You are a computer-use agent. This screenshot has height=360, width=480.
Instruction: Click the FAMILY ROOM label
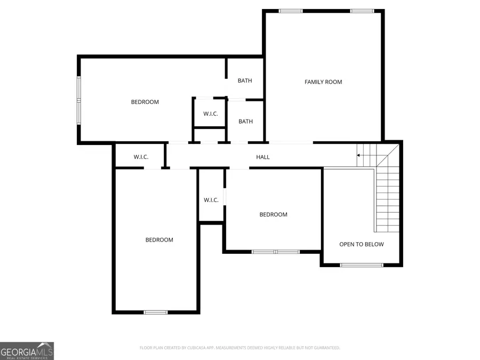pyautogui.click(x=323, y=82)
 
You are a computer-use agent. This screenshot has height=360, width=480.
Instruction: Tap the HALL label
pyautogui.click(x=263, y=157)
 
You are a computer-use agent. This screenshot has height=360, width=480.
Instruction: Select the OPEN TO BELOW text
pyautogui.click(x=361, y=244)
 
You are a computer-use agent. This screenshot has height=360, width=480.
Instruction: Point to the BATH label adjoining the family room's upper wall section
pyautogui.click(x=245, y=81)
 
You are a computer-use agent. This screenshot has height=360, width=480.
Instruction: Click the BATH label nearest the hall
pyautogui.click(x=245, y=122)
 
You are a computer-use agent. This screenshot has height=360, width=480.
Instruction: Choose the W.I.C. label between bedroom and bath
pyautogui.click(x=210, y=114)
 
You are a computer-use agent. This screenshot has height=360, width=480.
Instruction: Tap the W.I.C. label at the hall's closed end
pyautogui.click(x=141, y=157)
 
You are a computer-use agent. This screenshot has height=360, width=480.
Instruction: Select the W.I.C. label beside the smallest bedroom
pyautogui.click(x=211, y=200)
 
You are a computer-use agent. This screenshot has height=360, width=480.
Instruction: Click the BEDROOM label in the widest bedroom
pyautogui.click(x=145, y=102)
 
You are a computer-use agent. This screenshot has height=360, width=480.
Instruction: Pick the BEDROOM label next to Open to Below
pyautogui.click(x=273, y=214)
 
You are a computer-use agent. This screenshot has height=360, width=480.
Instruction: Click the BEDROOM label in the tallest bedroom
pyautogui.click(x=159, y=240)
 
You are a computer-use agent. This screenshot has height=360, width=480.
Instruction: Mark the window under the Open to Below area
pyautogui.click(x=362, y=265)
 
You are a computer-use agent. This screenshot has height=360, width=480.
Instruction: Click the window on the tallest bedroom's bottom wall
pyautogui.click(x=155, y=312)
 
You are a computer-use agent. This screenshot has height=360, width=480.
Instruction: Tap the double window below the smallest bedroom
pyautogui.click(x=276, y=252)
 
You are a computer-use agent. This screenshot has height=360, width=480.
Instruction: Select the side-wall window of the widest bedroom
pyautogui.click(x=79, y=100)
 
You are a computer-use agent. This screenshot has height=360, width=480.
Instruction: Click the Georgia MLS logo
pyautogui.click(x=27, y=351)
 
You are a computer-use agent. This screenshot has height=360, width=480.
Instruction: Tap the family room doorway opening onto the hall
pyautogui.click(x=290, y=142)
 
